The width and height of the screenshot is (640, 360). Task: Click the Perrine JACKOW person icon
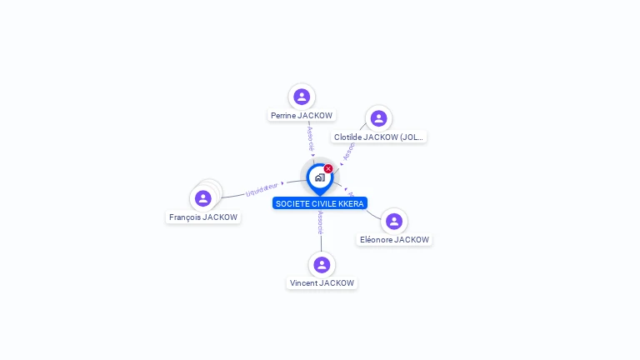[302, 97]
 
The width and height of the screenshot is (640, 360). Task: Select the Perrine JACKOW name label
[302, 116]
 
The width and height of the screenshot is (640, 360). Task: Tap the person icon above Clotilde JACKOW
[378, 118]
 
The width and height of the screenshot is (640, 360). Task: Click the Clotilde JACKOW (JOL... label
[379, 137]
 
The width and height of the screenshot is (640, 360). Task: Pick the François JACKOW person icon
[202, 198]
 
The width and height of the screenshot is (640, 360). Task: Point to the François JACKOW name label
[203, 217]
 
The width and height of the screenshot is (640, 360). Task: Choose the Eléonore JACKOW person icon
[394, 221]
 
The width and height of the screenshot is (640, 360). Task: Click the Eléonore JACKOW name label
[394, 240]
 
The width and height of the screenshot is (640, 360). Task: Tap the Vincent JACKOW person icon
[322, 265]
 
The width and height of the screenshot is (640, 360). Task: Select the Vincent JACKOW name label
[322, 283]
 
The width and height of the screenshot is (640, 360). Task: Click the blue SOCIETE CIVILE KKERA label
[320, 203]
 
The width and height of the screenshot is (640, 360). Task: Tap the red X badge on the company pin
[328, 169]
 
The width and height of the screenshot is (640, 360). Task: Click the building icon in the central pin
[319, 177]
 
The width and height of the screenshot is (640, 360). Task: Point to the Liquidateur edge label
[262, 189]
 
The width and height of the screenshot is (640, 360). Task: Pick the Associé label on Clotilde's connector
[349, 149]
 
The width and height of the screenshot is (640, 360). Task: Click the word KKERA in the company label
[352, 203]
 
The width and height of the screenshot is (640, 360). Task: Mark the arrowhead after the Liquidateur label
[283, 182]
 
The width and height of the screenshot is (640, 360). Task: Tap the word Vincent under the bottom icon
[303, 283]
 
